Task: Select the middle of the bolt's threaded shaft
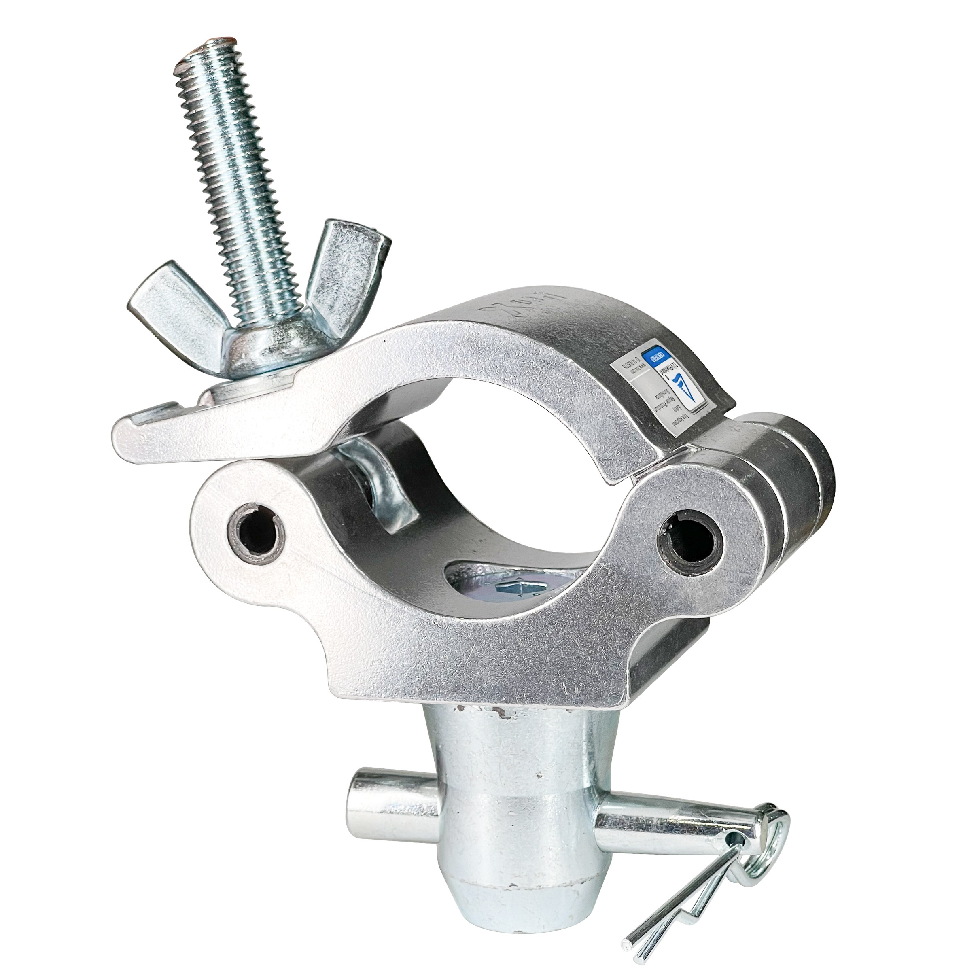click(244, 203)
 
